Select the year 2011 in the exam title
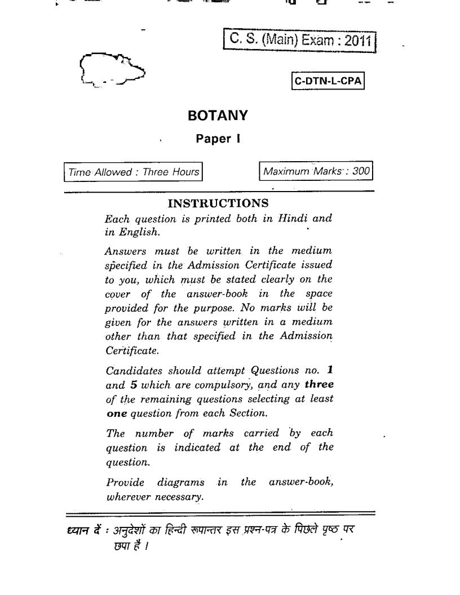359,41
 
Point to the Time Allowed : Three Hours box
133,172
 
